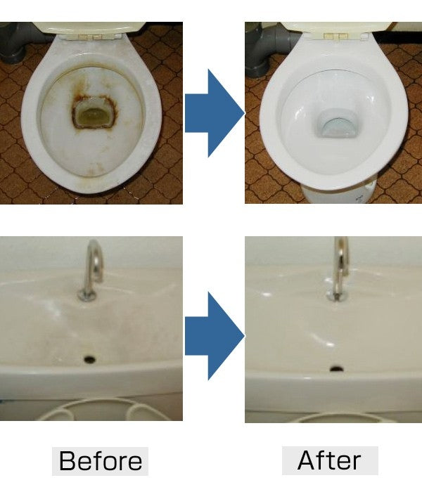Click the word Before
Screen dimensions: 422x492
(x=101, y=461)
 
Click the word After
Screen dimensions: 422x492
(x=329, y=460)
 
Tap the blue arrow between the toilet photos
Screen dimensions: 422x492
(x=215, y=113)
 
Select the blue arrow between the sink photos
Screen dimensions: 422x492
(x=215, y=336)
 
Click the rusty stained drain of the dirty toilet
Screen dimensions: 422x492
(x=94, y=113)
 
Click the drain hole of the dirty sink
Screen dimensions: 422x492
(x=89, y=359)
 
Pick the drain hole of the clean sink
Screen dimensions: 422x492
(x=337, y=368)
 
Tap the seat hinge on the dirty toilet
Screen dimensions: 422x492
(x=91, y=37)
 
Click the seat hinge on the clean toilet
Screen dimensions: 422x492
(x=336, y=37)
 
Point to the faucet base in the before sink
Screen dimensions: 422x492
(x=87, y=295)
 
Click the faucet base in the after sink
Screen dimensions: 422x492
(x=337, y=296)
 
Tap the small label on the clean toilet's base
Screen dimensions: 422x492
(x=359, y=198)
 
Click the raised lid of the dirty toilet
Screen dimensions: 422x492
(x=90, y=28)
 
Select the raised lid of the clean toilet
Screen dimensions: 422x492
(x=336, y=27)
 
